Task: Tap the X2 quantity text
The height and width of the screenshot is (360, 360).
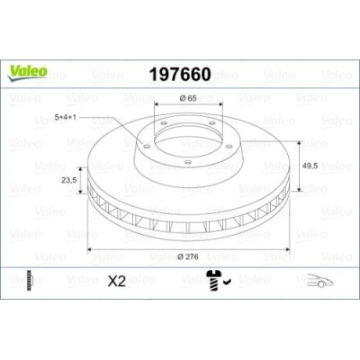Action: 115,281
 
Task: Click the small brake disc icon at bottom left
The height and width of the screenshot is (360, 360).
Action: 31,281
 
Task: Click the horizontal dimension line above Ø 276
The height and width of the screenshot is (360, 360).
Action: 185,247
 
